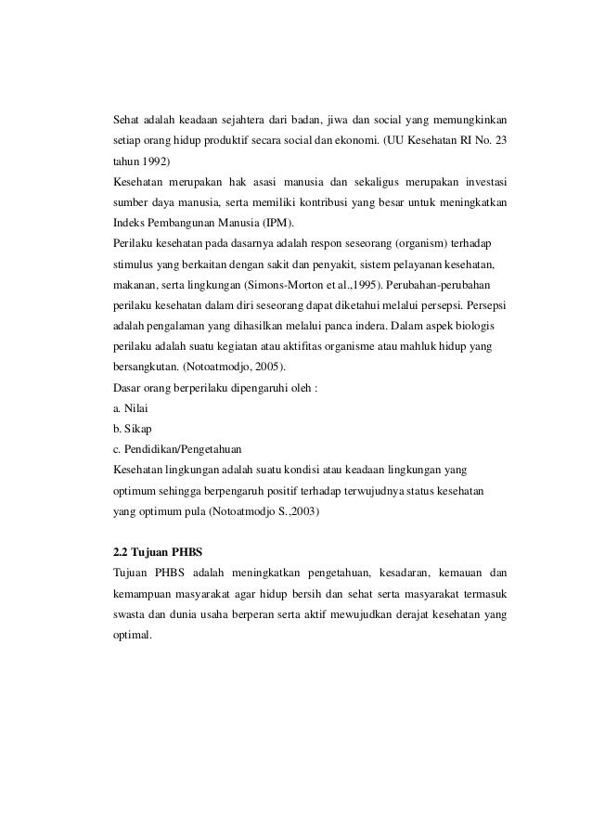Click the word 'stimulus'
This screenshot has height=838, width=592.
click(x=133, y=264)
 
